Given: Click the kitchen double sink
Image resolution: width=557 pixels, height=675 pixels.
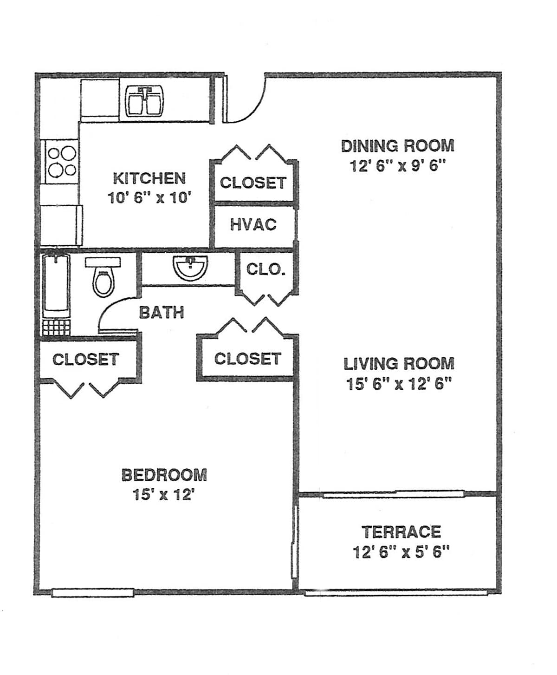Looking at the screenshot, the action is coord(144,102).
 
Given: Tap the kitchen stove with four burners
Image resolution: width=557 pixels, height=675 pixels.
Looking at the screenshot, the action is coord(61,162).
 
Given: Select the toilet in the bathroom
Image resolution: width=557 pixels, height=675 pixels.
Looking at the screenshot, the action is coord(103,277).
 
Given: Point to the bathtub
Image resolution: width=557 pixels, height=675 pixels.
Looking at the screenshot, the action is coord(56,287).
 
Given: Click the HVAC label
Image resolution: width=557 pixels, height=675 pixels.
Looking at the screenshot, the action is coord(253,225).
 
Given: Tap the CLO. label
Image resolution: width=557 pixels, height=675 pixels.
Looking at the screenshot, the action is coord(266,269).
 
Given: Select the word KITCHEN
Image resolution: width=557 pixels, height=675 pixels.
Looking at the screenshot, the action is coord(149,178).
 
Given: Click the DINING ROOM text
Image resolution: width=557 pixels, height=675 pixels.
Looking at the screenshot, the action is coord(398,146).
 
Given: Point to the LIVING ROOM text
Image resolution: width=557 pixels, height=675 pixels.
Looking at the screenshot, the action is coord(399,364).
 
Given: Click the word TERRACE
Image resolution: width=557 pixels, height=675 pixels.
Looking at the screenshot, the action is coord(402,532).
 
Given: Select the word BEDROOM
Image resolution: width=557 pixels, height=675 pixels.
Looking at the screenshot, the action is coord(164,475).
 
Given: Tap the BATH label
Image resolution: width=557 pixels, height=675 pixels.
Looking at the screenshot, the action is coord(162,313).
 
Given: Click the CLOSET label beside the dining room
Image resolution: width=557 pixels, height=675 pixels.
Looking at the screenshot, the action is coord(253,183).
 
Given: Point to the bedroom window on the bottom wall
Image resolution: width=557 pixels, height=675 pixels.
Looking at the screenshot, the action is coord(93,593).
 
